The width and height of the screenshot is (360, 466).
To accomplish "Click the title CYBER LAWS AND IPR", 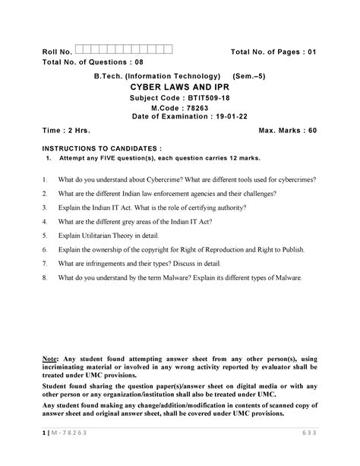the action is pyautogui.click(x=178, y=87).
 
